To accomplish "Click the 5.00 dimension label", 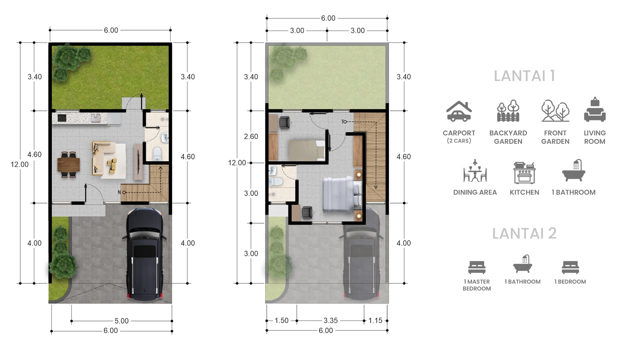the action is tap(121, 321).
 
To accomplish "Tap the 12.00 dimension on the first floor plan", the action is tap(20, 164).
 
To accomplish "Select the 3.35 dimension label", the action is tap(331, 320).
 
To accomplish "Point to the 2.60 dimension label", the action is tap(251, 136).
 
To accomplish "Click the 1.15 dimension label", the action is tap(375, 320).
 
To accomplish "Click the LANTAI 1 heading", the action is tap(524, 76).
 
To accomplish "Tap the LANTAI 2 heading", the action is tap(524, 233).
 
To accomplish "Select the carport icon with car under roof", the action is tap(459, 111).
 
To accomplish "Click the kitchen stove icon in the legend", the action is tap(524, 173).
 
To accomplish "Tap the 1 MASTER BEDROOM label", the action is tap(477, 285).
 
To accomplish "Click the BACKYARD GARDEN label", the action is tap(508, 137).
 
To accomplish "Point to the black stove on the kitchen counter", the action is tap(62, 118).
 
